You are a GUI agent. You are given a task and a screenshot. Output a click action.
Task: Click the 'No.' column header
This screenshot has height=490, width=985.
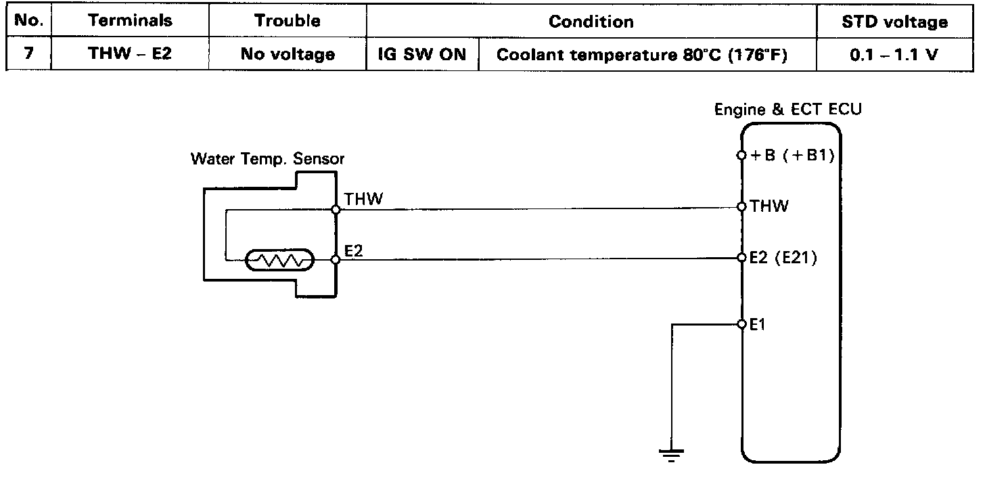point(29,20)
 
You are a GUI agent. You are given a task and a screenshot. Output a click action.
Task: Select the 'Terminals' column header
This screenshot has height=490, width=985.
point(130,20)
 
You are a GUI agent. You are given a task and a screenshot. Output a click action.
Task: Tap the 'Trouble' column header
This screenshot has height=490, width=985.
point(288,21)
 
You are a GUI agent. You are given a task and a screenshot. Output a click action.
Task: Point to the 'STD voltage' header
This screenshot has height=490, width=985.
point(895,22)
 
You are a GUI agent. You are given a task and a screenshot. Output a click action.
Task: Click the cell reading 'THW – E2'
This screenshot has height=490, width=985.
point(130,53)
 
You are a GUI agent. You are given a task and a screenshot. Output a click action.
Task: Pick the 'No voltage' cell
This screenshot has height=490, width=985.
point(288,54)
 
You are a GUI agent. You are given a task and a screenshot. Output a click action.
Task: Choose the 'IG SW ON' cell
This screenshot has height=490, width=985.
point(422,55)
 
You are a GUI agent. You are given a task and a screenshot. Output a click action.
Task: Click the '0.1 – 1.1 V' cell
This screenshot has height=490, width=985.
point(894,55)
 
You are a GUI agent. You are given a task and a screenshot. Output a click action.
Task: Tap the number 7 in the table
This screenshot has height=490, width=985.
point(29,53)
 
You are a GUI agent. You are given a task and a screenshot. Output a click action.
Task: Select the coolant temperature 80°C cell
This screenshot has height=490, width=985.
point(642,55)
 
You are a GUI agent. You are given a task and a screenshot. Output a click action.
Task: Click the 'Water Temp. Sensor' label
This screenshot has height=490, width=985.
point(267,159)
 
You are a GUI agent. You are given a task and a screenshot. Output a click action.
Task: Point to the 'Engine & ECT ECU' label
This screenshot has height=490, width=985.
point(787,110)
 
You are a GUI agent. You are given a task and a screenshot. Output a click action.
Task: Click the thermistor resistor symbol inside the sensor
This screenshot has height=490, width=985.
point(279,260)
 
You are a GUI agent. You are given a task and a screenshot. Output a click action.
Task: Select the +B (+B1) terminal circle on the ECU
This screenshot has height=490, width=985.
point(742,155)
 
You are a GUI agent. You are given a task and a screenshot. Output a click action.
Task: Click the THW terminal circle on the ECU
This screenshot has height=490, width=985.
point(742,206)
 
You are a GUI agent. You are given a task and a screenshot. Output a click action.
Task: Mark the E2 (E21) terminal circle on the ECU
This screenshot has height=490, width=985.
point(742,257)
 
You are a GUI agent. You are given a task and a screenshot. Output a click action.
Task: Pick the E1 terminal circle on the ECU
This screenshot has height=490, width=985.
point(742,325)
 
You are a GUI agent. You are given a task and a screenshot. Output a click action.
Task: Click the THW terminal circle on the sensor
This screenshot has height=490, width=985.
point(336,210)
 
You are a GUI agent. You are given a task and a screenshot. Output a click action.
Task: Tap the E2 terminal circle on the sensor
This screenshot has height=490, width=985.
point(336,260)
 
